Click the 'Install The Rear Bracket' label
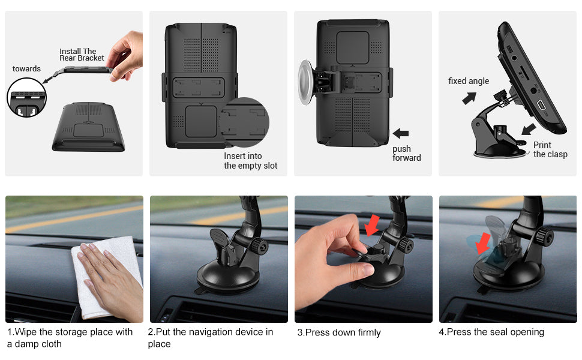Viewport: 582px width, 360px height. pos(82,55)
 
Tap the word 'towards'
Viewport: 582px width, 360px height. pos(26,68)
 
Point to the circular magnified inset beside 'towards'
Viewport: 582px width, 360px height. pos(27,98)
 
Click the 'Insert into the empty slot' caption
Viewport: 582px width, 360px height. pos(251,161)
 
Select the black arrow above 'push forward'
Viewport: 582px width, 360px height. pos(400,133)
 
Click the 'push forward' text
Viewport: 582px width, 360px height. pos(406,153)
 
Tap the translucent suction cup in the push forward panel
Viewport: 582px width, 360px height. pos(305,82)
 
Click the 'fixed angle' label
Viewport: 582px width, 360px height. pos(469,81)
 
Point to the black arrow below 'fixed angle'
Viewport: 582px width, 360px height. pos(469,98)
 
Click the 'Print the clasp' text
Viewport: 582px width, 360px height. pos(550,149)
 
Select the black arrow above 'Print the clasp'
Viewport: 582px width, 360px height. pos(529,130)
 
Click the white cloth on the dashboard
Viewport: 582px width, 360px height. pos(107,277)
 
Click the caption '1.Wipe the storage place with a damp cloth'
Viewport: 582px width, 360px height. pos(70,338)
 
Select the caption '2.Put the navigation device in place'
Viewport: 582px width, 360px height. pos(211,338)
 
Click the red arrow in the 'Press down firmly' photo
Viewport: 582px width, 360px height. pos(371,225)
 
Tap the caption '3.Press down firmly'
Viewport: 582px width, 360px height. pos(339,332)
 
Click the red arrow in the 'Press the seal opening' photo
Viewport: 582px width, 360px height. pos(482,243)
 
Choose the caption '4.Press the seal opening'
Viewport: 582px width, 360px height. pos(491,332)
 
